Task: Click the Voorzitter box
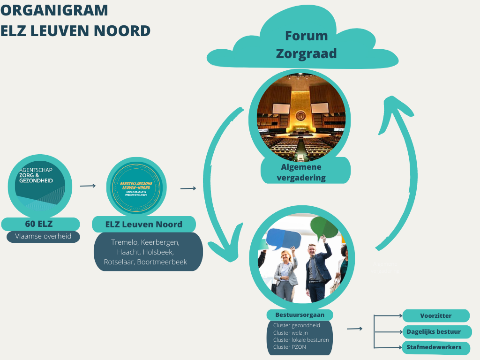(436, 315)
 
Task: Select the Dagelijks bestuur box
(436, 331)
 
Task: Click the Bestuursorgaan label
(300, 315)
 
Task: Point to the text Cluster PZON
(290, 347)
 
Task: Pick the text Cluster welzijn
(291, 333)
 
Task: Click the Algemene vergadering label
(305, 172)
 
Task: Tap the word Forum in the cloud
(306, 36)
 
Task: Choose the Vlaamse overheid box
(43, 236)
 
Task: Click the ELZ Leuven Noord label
(143, 224)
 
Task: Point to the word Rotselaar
(119, 262)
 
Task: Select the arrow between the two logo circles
(88, 186)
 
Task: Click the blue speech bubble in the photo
(283, 239)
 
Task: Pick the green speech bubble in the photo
(324, 227)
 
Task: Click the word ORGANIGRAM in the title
(54, 10)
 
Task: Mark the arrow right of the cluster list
(354, 329)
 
